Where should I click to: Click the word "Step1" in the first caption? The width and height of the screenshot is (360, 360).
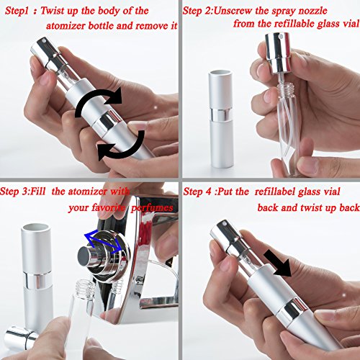17,11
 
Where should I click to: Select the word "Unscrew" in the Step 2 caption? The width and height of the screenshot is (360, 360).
230,11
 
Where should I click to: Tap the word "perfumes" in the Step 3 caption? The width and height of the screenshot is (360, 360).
152,208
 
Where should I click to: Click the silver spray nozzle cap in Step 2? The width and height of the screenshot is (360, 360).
279,53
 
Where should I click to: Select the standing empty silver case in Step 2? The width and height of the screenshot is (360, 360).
221,119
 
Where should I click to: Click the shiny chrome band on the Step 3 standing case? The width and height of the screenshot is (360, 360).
36,280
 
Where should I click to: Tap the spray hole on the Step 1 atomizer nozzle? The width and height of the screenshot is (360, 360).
44,41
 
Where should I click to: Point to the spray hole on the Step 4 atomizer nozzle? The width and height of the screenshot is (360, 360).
225,224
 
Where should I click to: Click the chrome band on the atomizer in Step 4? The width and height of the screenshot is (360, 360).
291,310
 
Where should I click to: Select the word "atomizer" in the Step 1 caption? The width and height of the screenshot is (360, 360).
66,26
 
